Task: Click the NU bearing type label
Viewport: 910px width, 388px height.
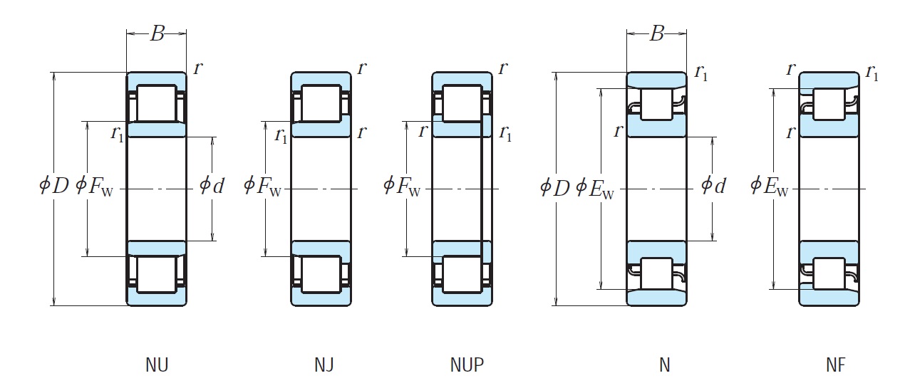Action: tap(157, 365)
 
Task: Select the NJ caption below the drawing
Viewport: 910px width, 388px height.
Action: tap(324, 365)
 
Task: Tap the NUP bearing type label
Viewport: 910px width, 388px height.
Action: tap(467, 365)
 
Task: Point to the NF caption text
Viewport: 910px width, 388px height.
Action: tap(835, 365)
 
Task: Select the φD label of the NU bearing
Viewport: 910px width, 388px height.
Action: tap(54, 187)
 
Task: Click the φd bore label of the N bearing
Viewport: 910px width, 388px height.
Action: tap(713, 187)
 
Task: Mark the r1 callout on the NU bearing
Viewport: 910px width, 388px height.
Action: tap(118, 134)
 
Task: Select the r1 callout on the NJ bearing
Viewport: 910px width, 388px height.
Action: tap(281, 135)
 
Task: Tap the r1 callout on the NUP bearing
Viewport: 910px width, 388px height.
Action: tap(506, 133)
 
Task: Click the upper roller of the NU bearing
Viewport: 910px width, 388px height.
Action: tap(156, 103)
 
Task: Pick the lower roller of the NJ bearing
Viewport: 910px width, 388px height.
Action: tap(321, 274)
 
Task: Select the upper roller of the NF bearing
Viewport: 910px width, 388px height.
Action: tap(829, 103)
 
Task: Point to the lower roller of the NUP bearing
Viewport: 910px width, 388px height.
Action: tap(462, 274)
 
